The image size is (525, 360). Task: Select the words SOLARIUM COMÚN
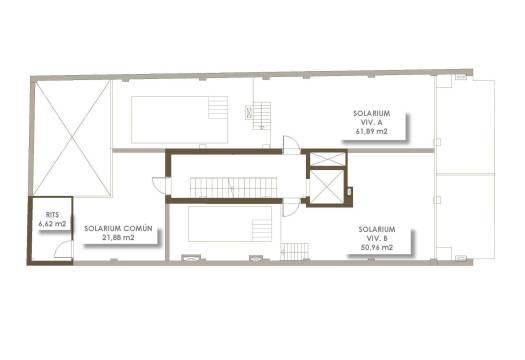[x=118, y=228]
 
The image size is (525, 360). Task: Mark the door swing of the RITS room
[x=63, y=249]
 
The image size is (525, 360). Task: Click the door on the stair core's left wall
[x=159, y=183]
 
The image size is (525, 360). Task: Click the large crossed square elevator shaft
[x=325, y=186]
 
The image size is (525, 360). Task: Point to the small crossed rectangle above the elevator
[x=325, y=158]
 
